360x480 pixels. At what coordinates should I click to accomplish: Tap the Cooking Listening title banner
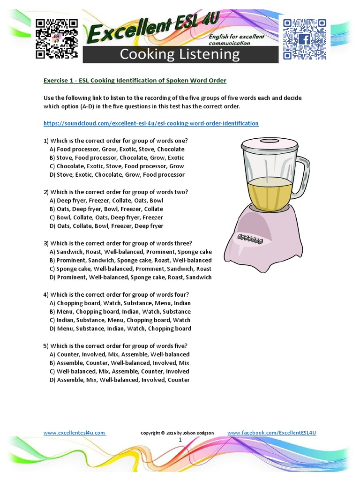point(180,54)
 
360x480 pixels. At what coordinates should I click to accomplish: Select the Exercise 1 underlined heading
point(135,81)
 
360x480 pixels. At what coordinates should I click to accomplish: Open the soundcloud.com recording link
point(151,123)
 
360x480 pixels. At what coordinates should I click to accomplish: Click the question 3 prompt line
point(118,243)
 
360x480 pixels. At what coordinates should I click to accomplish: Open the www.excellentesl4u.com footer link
point(75,433)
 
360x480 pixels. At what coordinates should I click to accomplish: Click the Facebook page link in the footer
point(271,433)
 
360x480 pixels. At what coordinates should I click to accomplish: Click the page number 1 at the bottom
point(180,441)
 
